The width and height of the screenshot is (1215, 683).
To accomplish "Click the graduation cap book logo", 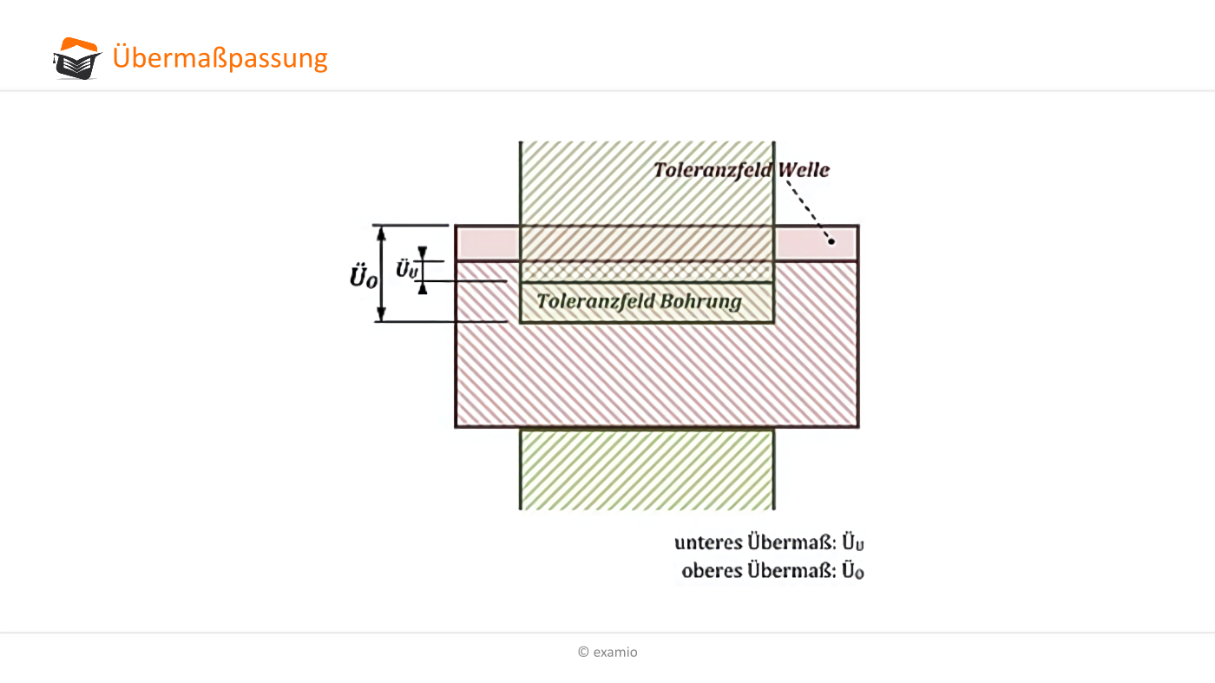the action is point(77,59).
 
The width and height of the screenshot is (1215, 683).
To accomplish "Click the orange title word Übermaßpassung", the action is point(220,57).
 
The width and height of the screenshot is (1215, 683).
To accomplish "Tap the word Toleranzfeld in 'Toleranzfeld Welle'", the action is point(713,170).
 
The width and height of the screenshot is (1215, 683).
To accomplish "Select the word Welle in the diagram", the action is point(804,170).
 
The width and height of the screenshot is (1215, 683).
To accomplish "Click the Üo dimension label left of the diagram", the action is point(363,276).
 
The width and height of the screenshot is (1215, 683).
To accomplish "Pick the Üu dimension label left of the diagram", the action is point(406,269).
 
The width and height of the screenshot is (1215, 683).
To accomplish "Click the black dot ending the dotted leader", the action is point(831,241).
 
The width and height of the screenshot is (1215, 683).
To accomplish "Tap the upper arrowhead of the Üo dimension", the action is point(381,233).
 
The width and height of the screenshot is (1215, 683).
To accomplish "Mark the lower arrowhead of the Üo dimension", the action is point(381,313).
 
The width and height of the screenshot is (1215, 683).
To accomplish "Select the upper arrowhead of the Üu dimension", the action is point(423,253).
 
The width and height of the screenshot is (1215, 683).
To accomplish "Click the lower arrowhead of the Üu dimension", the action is point(423,288).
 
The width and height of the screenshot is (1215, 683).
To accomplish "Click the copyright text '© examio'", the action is point(607,652).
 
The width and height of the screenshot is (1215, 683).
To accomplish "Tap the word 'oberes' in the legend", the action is point(712,571).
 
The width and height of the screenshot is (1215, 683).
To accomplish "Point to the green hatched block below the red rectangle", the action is point(647,470).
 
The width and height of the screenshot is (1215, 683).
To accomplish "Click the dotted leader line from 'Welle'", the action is point(808,211).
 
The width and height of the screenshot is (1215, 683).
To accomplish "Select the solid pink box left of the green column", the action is point(488,243).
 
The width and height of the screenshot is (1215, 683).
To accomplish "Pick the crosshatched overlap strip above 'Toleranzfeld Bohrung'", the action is point(647,272).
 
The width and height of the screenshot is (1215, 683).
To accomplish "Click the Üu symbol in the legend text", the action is point(852,542).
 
